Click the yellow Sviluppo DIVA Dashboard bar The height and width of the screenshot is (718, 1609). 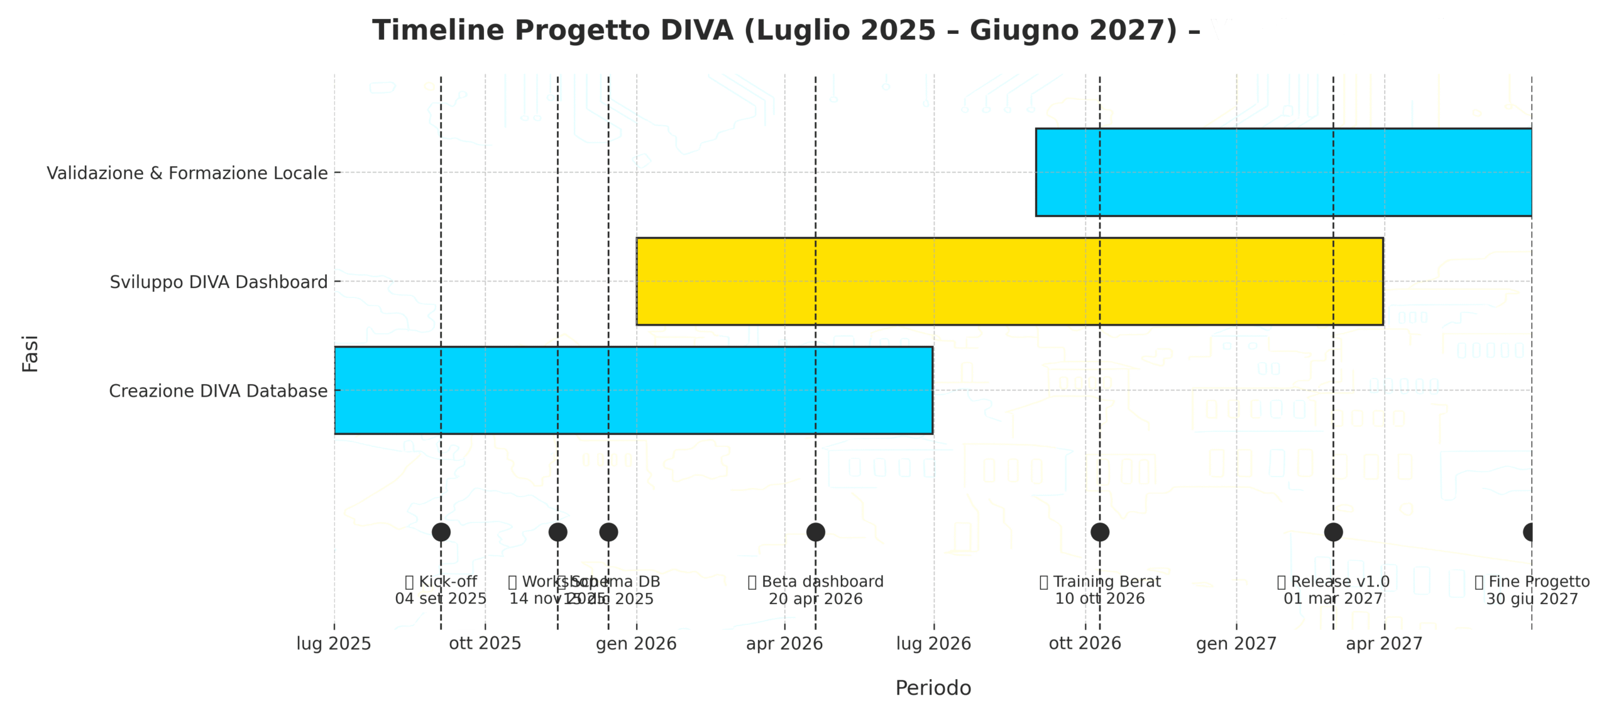(x=1009, y=281)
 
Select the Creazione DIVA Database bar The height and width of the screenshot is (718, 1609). (x=633, y=390)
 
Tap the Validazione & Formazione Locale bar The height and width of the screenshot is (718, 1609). (x=1283, y=172)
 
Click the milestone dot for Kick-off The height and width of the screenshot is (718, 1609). (x=441, y=532)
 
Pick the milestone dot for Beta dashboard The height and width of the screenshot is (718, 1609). (x=815, y=532)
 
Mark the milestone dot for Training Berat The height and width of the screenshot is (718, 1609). (x=1099, y=532)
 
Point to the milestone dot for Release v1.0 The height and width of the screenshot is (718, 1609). (x=1333, y=532)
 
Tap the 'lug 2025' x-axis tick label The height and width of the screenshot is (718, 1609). (x=334, y=644)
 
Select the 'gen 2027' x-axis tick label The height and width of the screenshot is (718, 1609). (x=1236, y=644)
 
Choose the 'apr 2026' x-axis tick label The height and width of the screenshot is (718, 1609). (x=784, y=644)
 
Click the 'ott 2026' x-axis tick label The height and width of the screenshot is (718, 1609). (x=1085, y=644)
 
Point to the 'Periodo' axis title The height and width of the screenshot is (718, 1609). (x=933, y=688)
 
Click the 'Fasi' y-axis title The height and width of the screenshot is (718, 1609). (x=30, y=353)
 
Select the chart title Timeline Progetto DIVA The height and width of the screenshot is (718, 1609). (x=786, y=30)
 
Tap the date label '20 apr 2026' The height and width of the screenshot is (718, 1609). (x=815, y=599)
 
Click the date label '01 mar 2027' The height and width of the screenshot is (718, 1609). (x=1332, y=599)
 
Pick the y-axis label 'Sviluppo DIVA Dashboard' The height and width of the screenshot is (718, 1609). (x=218, y=282)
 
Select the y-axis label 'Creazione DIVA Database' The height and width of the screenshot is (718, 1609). (x=218, y=391)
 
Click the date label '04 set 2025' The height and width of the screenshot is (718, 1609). (x=440, y=599)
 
